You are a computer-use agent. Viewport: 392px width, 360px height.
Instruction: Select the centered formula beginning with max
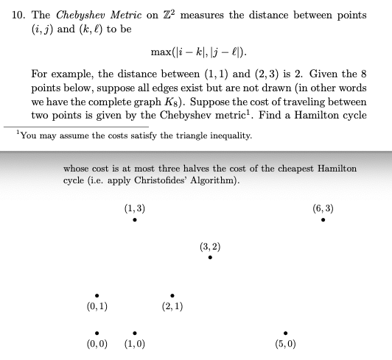coord(198,52)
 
